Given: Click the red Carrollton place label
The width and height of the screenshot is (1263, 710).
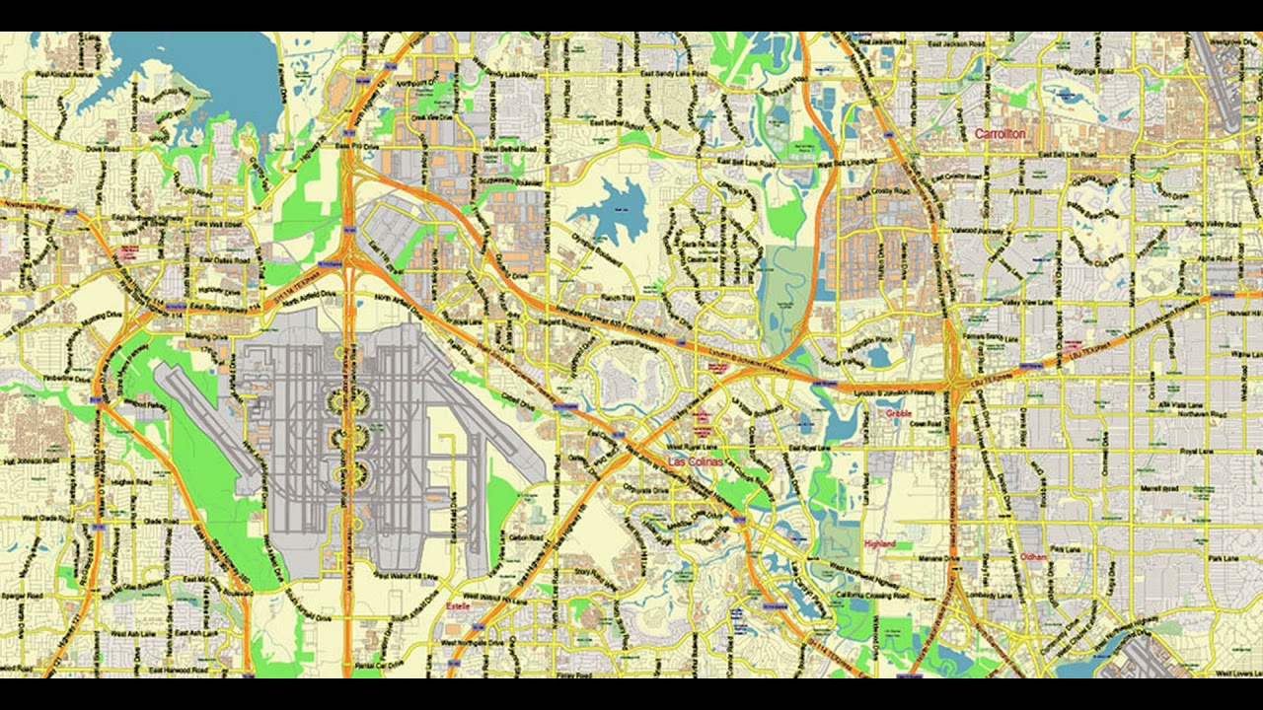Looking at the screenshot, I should click(x=1000, y=133).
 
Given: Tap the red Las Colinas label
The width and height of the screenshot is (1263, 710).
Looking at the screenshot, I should click(x=695, y=461).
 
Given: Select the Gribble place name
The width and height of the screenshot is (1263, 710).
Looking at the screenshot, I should click(x=898, y=414).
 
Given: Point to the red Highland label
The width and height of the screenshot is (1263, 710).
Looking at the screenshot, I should click(x=879, y=543).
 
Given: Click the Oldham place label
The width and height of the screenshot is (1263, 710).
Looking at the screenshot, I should click(x=1033, y=557).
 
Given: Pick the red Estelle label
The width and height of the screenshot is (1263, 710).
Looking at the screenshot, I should click(x=458, y=606).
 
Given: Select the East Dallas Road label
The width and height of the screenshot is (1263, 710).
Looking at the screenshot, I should click(x=219, y=260).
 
